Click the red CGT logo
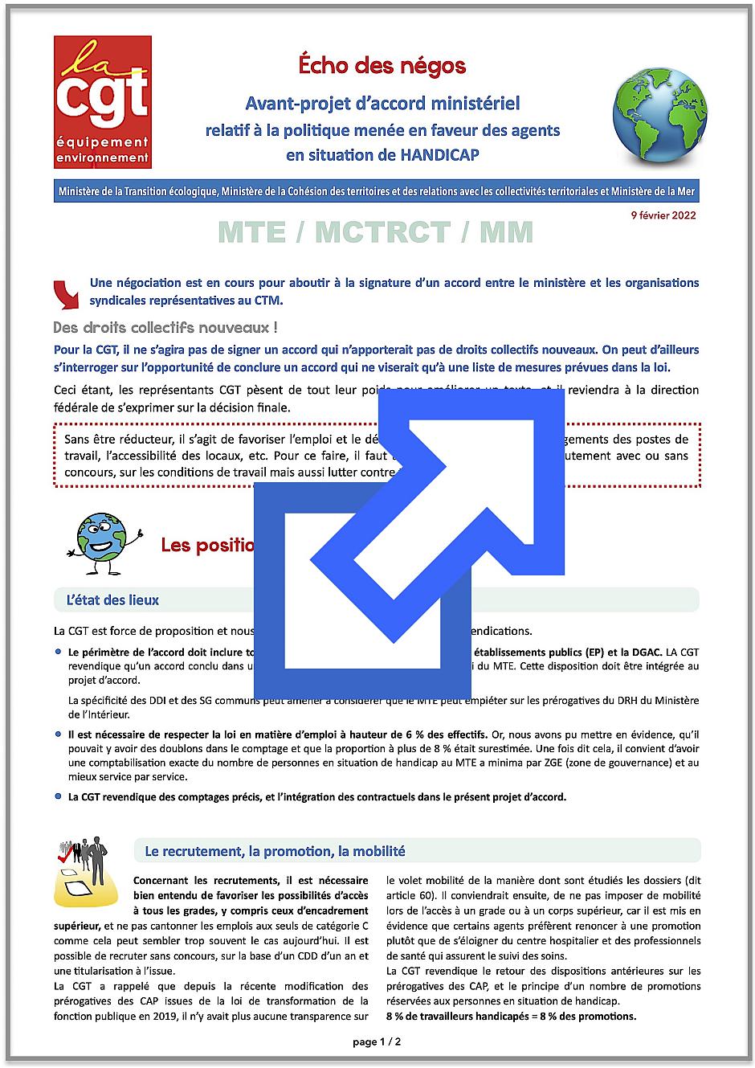coord(102,101)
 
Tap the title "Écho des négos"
coord(382,66)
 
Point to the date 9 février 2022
coord(663,215)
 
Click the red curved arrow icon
coord(67,294)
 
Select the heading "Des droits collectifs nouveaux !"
coord(165,328)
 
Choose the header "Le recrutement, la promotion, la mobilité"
coord(275,850)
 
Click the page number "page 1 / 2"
coord(377,1041)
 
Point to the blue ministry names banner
coord(377,192)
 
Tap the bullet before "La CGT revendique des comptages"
coord(59,796)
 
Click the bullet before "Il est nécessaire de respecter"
coord(59,734)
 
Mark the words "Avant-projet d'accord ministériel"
coord(382,104)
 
